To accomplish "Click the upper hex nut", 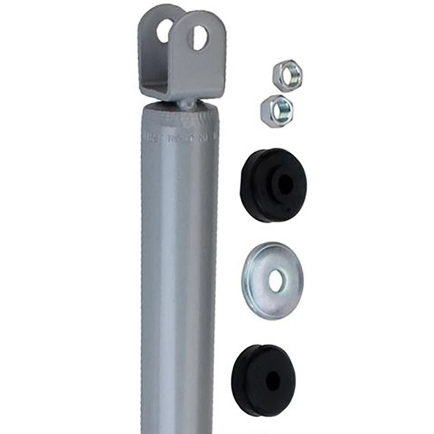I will pyautogui.click(x=287, y=75).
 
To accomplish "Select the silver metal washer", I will pyautogui.click(x=272, y=280).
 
